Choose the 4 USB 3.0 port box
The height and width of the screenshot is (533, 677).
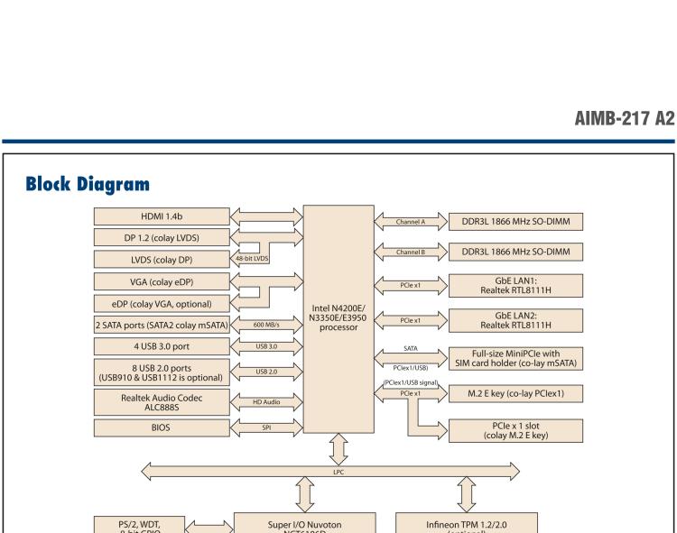tap(161, 345)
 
